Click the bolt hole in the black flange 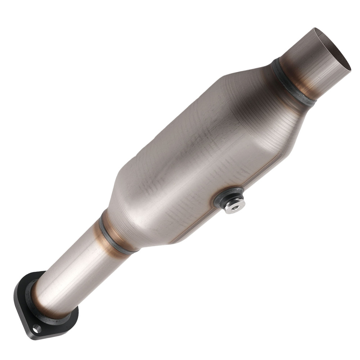click(x=36, y=328)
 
